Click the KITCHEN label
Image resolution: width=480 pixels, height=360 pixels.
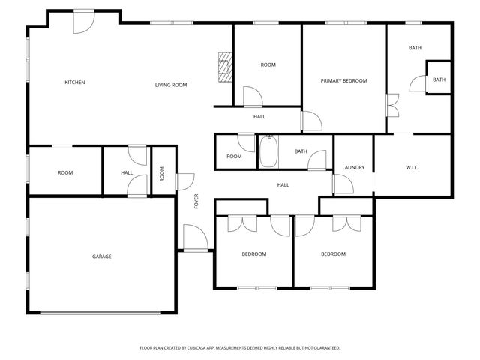[74, 82]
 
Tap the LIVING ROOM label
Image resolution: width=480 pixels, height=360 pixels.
[171, 85]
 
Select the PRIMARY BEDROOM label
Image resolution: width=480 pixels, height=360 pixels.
[344, 80]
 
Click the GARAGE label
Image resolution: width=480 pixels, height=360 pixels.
[102, 256]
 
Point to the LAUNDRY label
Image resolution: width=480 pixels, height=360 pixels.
[353, 167]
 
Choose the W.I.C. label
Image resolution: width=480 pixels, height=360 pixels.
[412, 167]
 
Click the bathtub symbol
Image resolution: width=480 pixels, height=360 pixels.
[268, 151]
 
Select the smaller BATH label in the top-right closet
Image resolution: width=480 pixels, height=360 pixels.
[439, 79]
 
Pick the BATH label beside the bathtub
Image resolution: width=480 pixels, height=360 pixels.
[301, 151]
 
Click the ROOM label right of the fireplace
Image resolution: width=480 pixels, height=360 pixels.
[268, 64]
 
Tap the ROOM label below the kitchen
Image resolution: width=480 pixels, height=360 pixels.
[65, 173]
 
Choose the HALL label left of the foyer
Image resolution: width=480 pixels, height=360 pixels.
[127, 173]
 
